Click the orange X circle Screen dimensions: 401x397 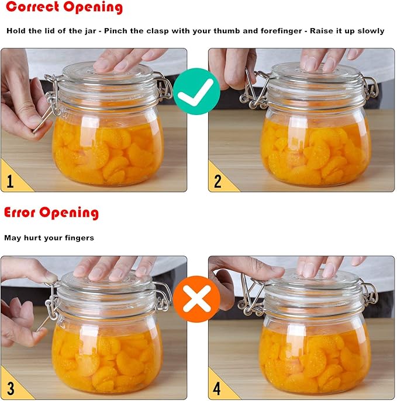pyautogui.click(x=197, y=299)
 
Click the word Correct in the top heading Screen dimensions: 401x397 pyautogui.click(x=29, y=8)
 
